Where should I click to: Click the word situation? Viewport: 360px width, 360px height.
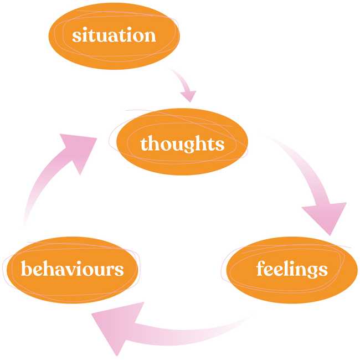tap(114, 36)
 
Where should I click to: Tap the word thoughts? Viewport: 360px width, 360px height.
tap(182, 144)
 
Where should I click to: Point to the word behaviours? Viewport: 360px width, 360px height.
tap(72, 270)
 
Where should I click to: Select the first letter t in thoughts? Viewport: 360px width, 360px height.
tap(144, 145)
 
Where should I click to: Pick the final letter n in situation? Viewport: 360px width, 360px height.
tap(150, 37)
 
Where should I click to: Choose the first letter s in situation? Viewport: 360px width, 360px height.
tap(76, 37)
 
